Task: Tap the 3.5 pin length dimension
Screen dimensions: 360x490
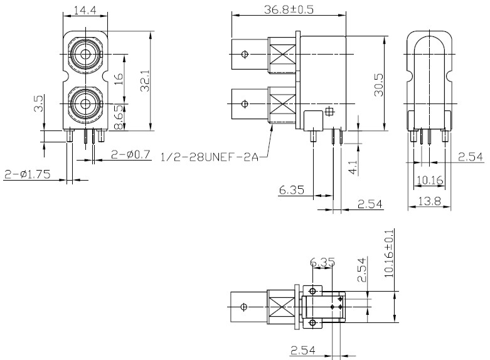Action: pos(38,104)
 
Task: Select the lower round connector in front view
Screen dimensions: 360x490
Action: pos(83,102)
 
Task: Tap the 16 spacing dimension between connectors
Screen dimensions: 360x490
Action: pos(119,79)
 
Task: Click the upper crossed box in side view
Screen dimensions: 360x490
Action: pos(281,55)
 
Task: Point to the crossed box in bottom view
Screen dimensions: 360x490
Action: pos(280,307)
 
